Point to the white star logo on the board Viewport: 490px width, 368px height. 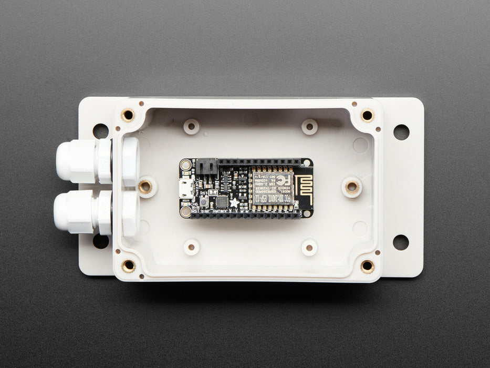(234, 202)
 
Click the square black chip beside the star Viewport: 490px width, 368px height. (222, 201)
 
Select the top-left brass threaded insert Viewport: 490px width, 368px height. (127, 115)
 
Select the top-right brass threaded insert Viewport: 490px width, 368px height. (367, 115)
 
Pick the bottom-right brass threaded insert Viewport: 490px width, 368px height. (367, 267)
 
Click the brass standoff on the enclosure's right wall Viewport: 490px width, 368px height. (352, 187)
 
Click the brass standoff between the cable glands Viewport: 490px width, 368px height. (145, 186)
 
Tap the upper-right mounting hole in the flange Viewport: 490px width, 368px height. (401, 132)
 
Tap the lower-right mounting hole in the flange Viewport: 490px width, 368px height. (401, 242)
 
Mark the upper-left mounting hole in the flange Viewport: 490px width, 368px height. (100, 131)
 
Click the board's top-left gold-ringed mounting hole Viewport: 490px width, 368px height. (186, 165)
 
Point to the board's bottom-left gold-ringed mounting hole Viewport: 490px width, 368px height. (186, 212)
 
